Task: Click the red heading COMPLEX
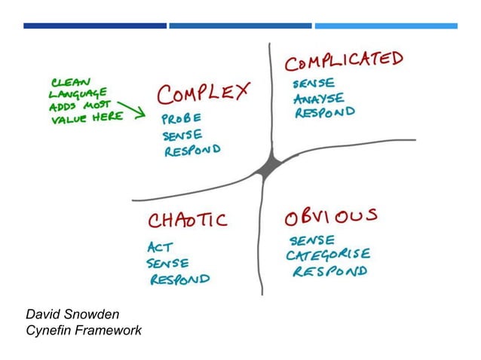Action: pos(203,95)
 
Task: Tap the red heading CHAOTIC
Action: pos(187,220)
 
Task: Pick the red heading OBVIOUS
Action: pos(330,218)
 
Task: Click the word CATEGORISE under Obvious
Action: pos(327,255)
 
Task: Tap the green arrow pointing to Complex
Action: pos(133,111)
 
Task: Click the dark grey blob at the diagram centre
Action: pos(268,168)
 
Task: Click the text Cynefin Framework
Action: pos(83,329)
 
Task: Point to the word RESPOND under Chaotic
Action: pos(179,279)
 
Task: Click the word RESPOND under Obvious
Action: pos(329,270)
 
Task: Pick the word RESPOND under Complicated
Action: pos(324,113)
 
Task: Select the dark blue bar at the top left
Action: pos(95,26)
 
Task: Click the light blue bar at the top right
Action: pos(385,26)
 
